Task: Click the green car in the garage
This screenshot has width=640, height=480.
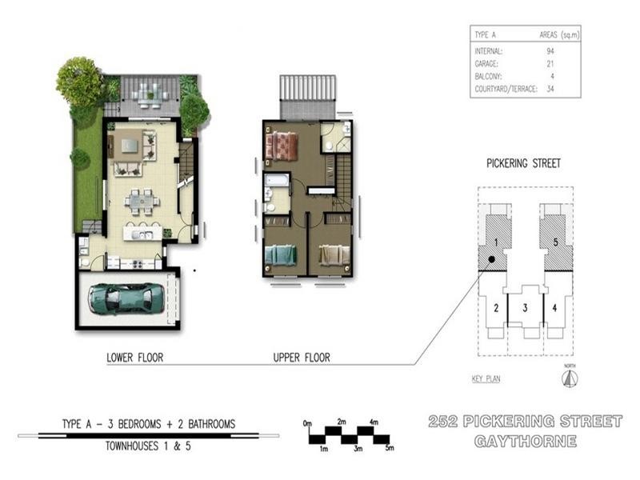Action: click(126, 298)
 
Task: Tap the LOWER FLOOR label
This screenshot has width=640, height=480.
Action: click(134, 358)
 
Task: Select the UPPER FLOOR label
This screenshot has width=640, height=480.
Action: click(302, 358)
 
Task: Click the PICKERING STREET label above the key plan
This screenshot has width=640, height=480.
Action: click(523, 164)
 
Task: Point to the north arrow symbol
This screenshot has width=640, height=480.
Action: click(570, 378)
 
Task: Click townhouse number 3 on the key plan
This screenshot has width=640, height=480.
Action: click(526, 308)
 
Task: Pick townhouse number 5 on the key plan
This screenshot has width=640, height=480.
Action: click(555, 242)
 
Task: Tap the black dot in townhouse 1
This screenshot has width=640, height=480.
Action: click(492, 259)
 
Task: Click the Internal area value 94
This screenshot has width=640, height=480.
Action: click(550, 51)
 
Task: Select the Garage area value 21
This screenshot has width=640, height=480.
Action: click(550, 64)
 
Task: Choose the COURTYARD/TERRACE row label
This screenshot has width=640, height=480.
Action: click(506, 89)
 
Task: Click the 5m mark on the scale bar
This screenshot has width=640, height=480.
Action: click(390, 448)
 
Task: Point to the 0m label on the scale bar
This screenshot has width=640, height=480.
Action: click(307, 423)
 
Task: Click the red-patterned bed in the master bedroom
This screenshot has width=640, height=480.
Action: click(282, 145)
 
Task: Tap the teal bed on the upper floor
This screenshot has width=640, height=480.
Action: click(281, 256)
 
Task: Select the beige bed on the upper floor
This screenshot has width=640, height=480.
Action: click(334, 256)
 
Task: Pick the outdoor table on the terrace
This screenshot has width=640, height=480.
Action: click(150, 96)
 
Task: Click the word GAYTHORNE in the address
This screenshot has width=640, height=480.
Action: click(526, 442)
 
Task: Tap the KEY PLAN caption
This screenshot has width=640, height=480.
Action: click(486, 378)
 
